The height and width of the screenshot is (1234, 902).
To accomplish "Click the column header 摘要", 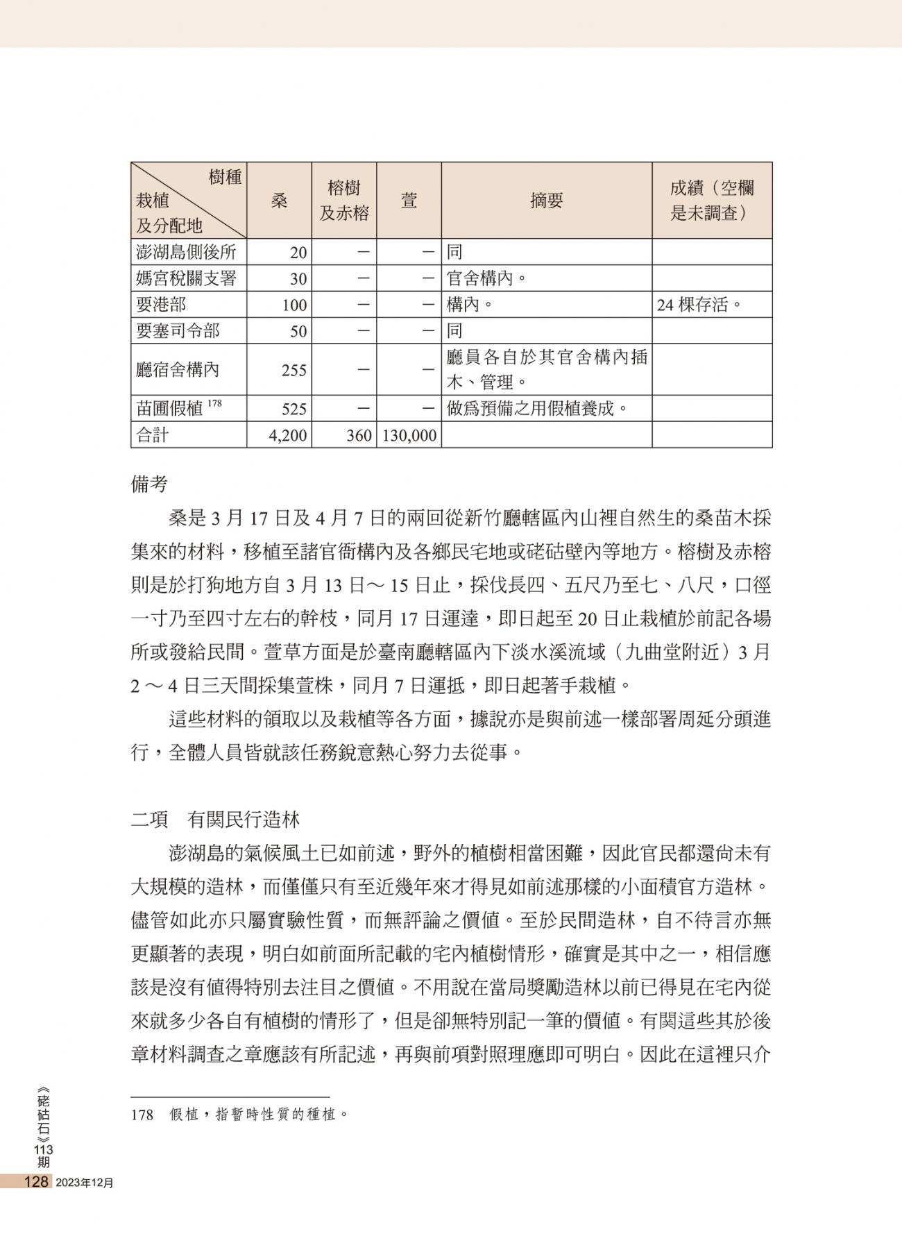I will [x=546, y=201].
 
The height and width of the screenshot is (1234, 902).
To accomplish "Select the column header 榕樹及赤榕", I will [x=344, y=201].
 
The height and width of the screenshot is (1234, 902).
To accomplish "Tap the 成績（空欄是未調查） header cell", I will [x=711, y=201].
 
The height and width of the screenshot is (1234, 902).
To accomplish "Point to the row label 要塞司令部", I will [x=178, y=331].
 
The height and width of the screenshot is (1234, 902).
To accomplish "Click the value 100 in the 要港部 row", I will [x=293, y=305].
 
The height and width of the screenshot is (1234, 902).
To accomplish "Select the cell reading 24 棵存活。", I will [x=699, y=305].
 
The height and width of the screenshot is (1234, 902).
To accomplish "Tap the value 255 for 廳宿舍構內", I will [x=293, y=371].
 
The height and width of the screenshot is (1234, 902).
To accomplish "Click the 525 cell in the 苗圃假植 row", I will [x=293, y=409].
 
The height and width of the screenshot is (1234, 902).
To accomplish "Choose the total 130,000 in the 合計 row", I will [x=409, y=436].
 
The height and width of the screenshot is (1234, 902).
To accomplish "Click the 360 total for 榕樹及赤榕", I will [x=359, y=436].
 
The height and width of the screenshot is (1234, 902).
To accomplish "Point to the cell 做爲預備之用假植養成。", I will [x=537, y=408].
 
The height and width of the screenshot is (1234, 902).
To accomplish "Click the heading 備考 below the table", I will [x=149, y=484].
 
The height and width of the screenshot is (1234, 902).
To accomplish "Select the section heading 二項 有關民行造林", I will [x=215, y=820].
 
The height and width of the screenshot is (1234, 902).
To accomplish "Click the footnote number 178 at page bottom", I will [x=142, y=1115].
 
